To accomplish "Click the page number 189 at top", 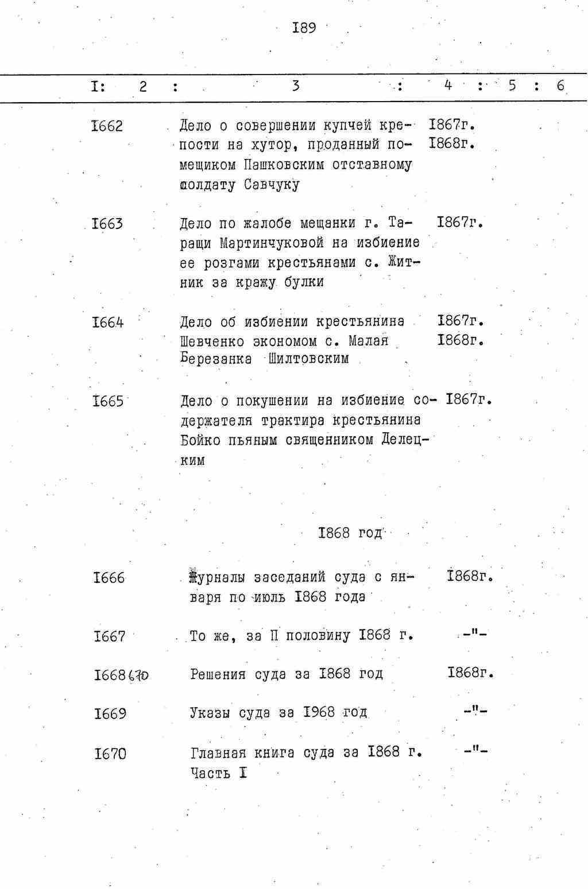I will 304,28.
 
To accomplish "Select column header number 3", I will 295,86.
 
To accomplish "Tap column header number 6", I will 560,86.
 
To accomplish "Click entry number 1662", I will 107,126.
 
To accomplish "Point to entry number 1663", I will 107,224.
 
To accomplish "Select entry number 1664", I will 107,323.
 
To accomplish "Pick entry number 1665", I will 107,401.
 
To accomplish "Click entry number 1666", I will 109,578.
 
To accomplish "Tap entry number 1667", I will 109,636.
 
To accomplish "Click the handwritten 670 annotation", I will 138,676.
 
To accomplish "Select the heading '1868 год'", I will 350,533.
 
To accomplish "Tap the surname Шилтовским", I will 308,360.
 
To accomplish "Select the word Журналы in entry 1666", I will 218,577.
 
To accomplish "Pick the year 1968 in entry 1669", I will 319,713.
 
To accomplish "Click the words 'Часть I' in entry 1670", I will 219,773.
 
